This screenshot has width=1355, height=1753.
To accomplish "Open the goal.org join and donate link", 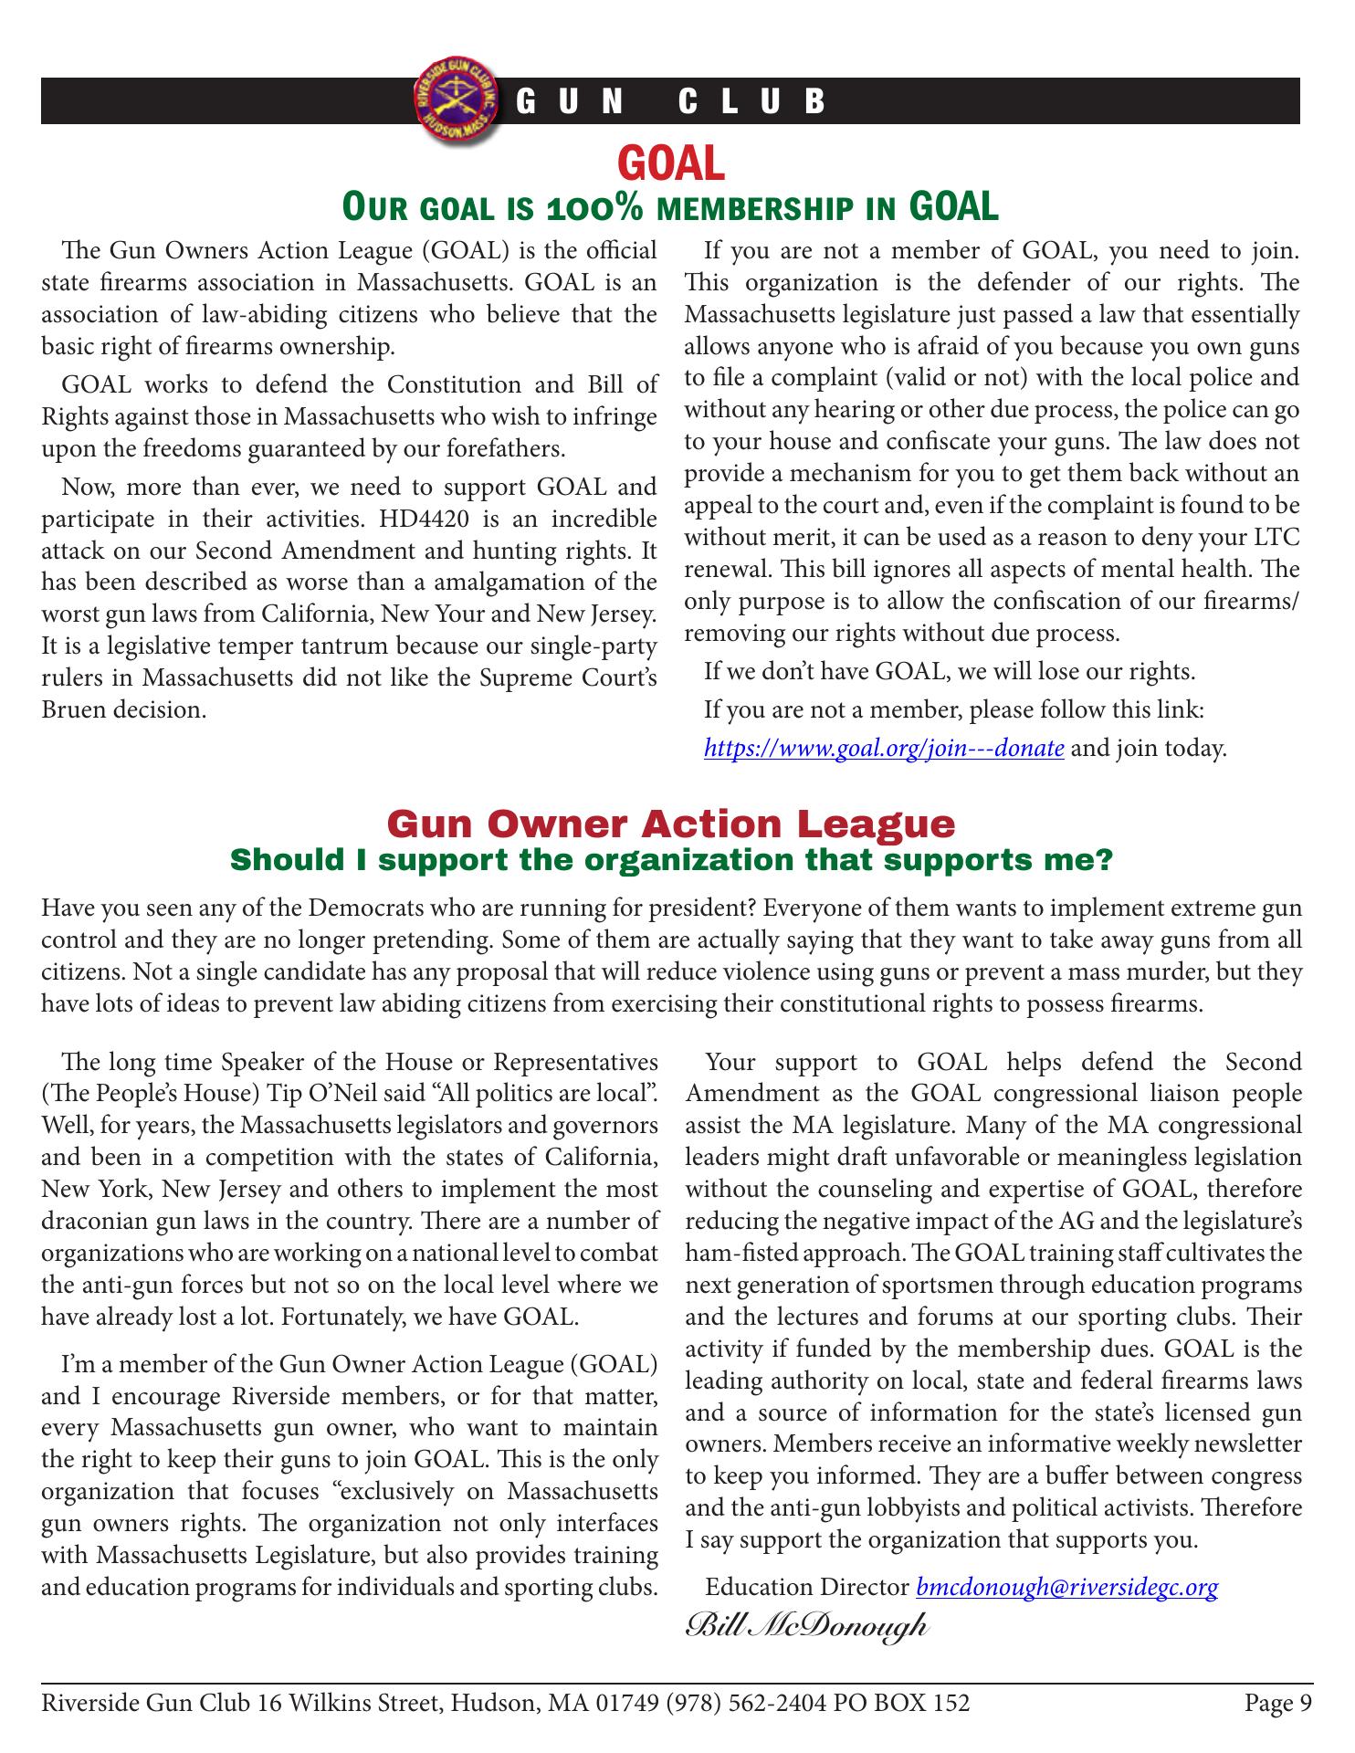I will click(x=884, y=750).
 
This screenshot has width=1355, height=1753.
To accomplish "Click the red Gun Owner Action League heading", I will click(x=671, y=824).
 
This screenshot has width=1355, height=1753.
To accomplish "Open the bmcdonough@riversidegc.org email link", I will click(x=1066, y=1588).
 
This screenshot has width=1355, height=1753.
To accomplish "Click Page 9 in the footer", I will click(x=1277, y=1703).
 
